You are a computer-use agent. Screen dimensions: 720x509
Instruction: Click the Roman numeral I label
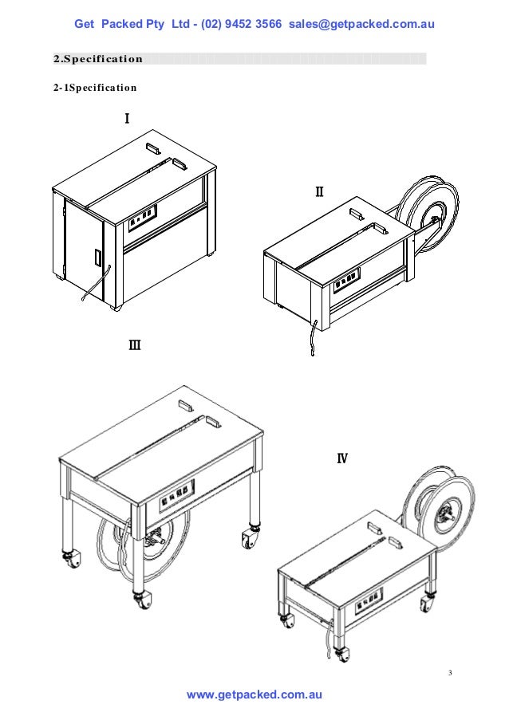[x=126, y=119]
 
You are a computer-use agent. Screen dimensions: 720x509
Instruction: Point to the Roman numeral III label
[x=135, y=345]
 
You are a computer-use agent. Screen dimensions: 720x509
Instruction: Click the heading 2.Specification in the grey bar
[x=98, y=59]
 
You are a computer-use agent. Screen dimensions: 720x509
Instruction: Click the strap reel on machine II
[x=431, y=216]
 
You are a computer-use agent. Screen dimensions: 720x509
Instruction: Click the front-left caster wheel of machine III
[x=69, y=561]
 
